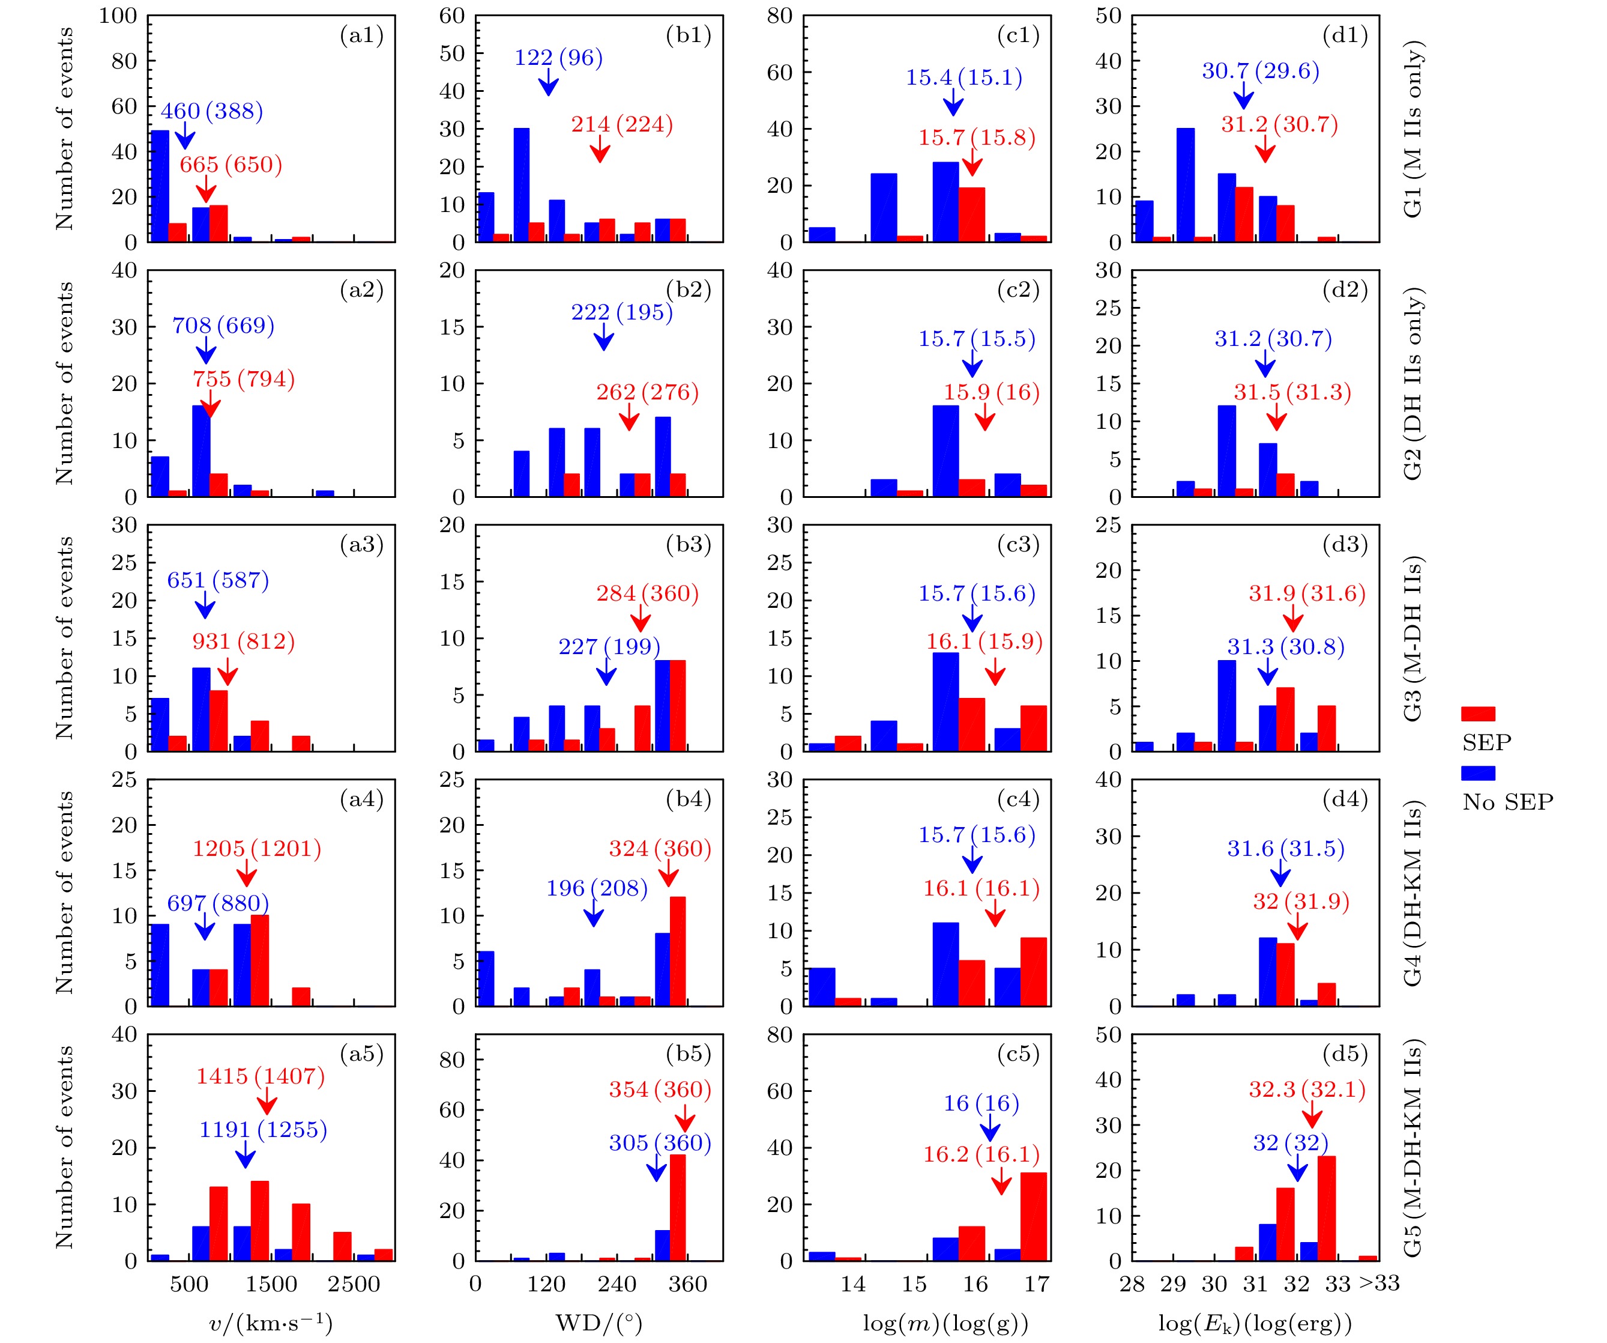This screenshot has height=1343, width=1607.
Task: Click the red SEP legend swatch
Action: [x=1478, y=714]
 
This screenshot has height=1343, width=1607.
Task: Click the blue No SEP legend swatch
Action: [x=1478, y=774]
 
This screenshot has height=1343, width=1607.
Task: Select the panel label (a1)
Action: [x=361, y=35]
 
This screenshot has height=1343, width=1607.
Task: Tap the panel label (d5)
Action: [x=1345, y=1054]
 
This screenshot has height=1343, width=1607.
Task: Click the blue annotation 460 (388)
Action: [x=211, y=112]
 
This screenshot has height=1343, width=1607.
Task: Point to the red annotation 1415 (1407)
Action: [x=260, y=1076]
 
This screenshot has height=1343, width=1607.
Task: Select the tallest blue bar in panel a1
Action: [x=160, y=186]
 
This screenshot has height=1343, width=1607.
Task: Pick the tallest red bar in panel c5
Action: [x=1034, y=1217]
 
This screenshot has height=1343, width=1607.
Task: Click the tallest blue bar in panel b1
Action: [x=521, y=186]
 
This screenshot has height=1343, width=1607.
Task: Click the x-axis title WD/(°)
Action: [x=598, y=1323]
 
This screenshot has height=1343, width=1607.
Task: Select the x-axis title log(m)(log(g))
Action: [x=945, y=1323]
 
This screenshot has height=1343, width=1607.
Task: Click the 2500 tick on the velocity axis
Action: [x=354, y=1284]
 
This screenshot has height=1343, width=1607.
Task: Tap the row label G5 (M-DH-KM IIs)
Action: [x=1413, y=1148]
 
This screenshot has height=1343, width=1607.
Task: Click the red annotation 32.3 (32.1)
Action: [x=1307, y=1090]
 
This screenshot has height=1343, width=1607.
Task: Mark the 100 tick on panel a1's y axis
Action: [x=118, y=16]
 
